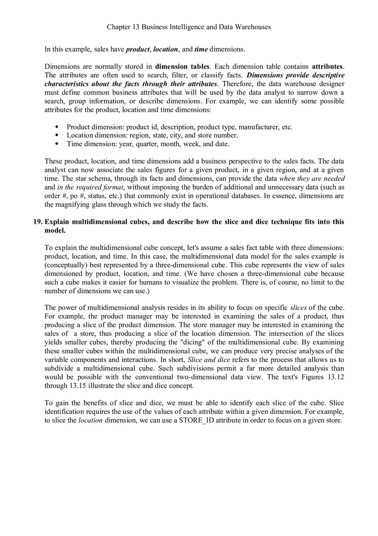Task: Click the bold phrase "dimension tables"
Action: point(182,67)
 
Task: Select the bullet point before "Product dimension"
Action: point(57,127)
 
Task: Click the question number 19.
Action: point(38,222)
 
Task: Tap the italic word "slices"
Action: point(298,308)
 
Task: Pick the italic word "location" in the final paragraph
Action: point(90,420)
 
